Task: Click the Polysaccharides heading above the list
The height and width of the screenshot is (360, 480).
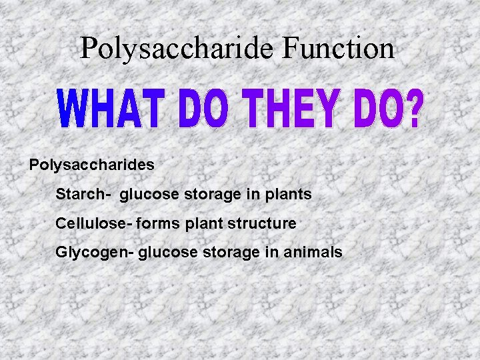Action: coord(92,165)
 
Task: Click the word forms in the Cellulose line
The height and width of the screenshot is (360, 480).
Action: coord(158,223)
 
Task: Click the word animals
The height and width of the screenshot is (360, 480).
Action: coord(314,253)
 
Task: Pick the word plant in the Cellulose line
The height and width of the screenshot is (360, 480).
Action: coord(203,223)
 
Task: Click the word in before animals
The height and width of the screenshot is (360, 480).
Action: coord(270,253)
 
